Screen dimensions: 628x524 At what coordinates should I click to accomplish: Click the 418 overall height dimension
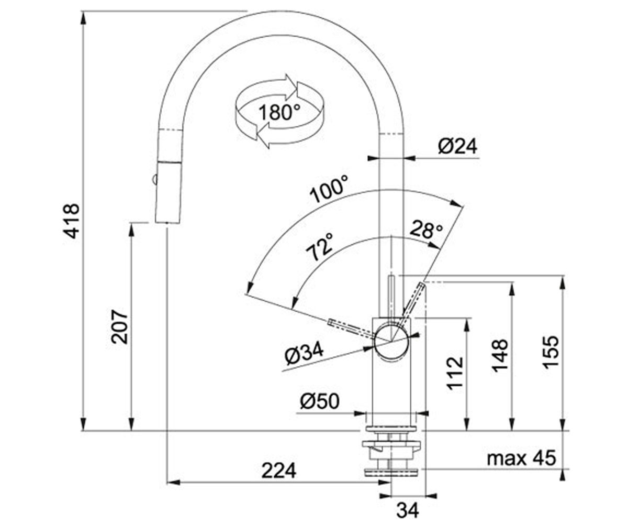pyautogui.click(x=72, y=221)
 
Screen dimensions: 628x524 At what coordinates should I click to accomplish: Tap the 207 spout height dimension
pyautogui.click(x=119, y=326)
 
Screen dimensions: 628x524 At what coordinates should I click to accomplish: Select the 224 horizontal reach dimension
pyautogui.click(x=279, y=471)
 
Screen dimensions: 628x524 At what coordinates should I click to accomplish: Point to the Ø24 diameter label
pyautogui.click(x=457, y=147)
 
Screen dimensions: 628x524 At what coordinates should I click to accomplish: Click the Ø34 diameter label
pyautogui.click(x=305, y=354)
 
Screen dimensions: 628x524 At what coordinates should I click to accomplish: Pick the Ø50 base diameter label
pyautogui.click(x=320, y=401)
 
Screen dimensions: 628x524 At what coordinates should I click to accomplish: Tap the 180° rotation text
pyautogui.click(x=279, y=112)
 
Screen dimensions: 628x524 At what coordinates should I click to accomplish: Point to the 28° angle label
pyautogui.click(x=426, y=230)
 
